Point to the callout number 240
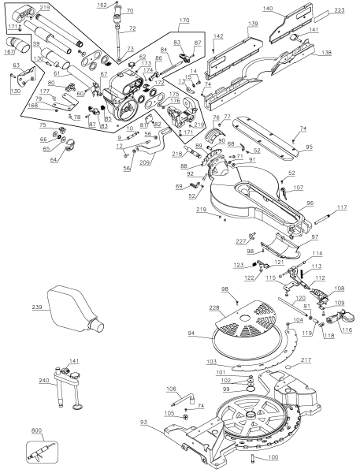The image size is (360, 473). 43,380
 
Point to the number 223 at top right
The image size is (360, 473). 340,9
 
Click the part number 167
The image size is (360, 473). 9,54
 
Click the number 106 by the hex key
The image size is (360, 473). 171,388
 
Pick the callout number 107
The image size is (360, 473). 297,188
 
